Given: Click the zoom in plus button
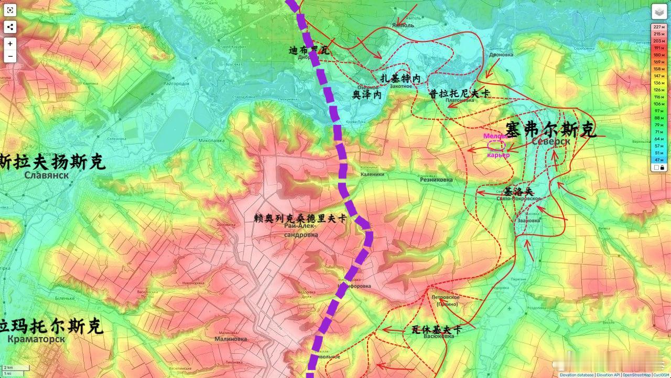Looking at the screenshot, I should [x=10, y=44].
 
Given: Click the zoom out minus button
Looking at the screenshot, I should [x=10, y=56].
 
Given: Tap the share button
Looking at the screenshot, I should [x=10, y=27].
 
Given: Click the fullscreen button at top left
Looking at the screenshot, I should [x=10, y=10].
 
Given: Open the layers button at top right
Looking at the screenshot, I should [x=659, y=12].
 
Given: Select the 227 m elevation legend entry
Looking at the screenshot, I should [x=658, y=27].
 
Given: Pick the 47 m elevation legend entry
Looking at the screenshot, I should [x=658, y=159].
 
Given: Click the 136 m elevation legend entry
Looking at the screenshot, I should [x=658, y=82].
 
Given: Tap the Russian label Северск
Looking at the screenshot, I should [x=550, y=141].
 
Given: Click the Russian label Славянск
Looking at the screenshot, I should [x=46, y=175].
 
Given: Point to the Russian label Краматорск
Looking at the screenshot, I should [x=36, y=339].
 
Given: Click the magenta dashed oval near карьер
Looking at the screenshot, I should [x=496, y=145].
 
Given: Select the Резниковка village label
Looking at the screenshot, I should [x=436, y=180].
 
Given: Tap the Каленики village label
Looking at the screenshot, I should [x=372, y=174].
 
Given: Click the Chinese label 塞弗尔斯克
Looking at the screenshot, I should [x=550, y=129].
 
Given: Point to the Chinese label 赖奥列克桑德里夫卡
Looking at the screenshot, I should [x=300, y=218].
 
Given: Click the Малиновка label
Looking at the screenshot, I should [x=231, y=339].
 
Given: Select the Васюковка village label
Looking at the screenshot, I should [x=438, y=337].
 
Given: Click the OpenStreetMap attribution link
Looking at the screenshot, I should [x=636, y=375].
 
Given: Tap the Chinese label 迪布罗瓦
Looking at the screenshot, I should [x=309, y=50].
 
